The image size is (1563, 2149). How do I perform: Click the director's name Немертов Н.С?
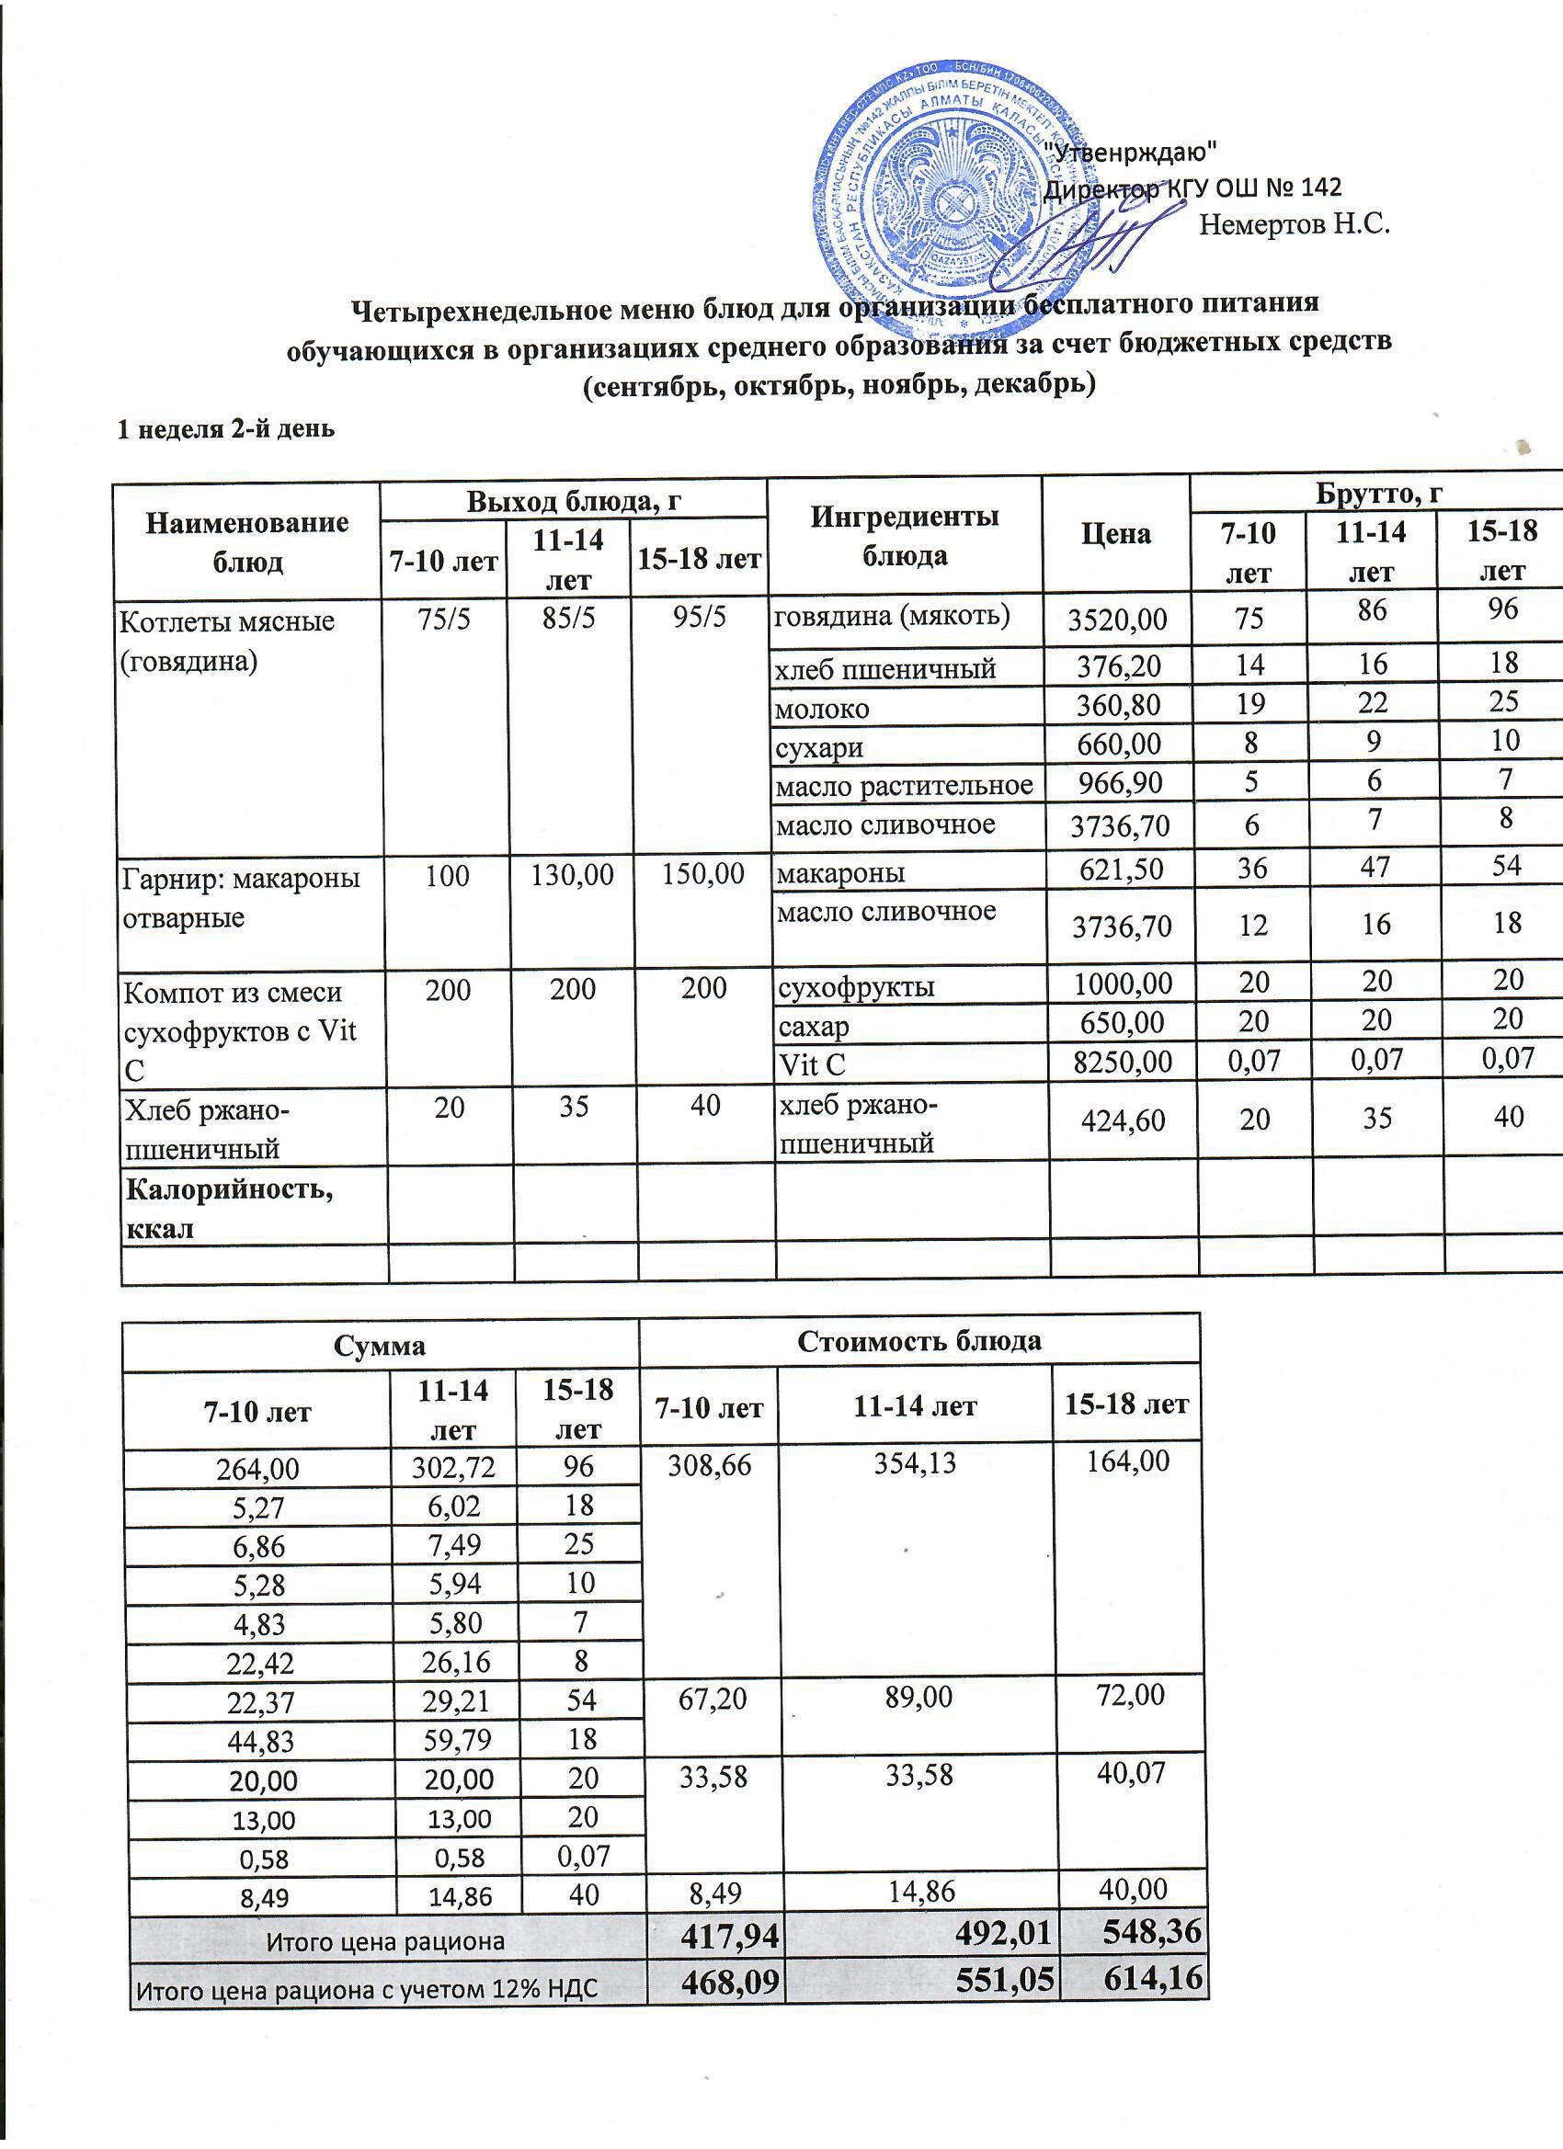[x=1294, y=225]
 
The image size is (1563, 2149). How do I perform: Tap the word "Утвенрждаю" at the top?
[x=1128, y=151]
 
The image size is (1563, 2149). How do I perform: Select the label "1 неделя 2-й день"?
[x=224, y=429]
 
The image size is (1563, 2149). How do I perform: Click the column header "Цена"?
[x=1115, y=534]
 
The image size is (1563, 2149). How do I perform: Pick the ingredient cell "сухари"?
[x=820, y=747]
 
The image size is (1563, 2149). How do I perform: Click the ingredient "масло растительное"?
[x=903, y=785]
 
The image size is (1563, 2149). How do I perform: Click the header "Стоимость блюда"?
[x=918, y=1341]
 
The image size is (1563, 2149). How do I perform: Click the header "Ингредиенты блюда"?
[x=905, y=535]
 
